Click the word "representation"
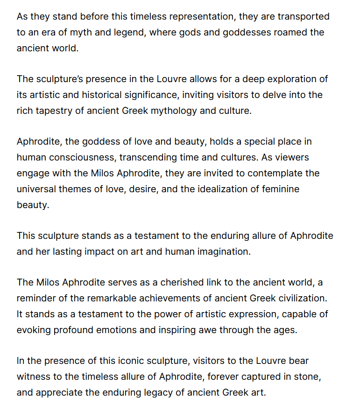202,17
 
